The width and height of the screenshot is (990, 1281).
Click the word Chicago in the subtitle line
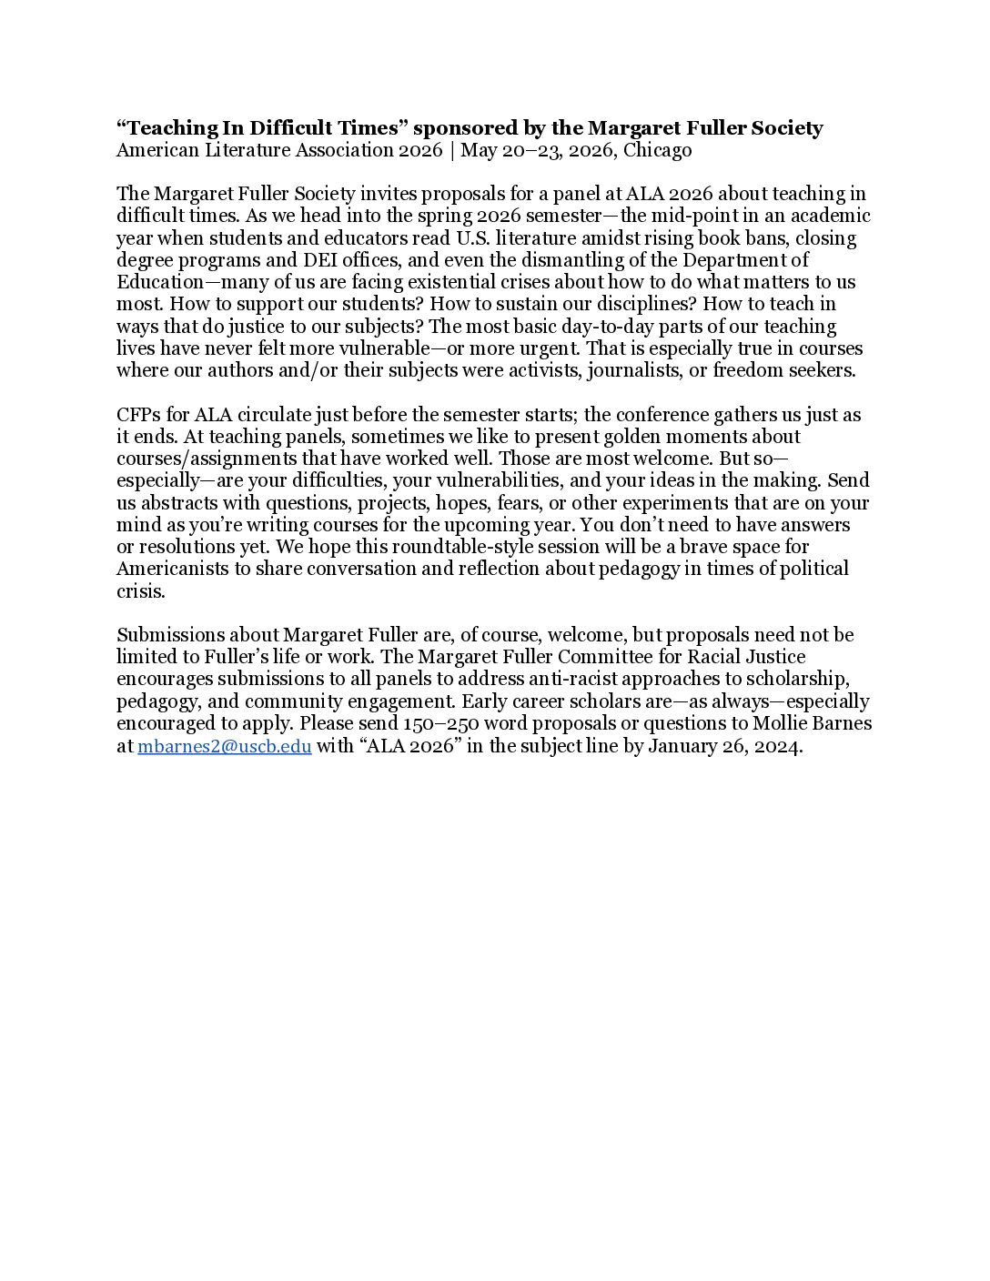(x=657, y=150)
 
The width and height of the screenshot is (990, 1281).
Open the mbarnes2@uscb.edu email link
(x=224, y=747)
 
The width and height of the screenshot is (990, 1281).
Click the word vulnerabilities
(x=476, y=480)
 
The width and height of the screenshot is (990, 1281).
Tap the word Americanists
(x=170, y=569)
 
